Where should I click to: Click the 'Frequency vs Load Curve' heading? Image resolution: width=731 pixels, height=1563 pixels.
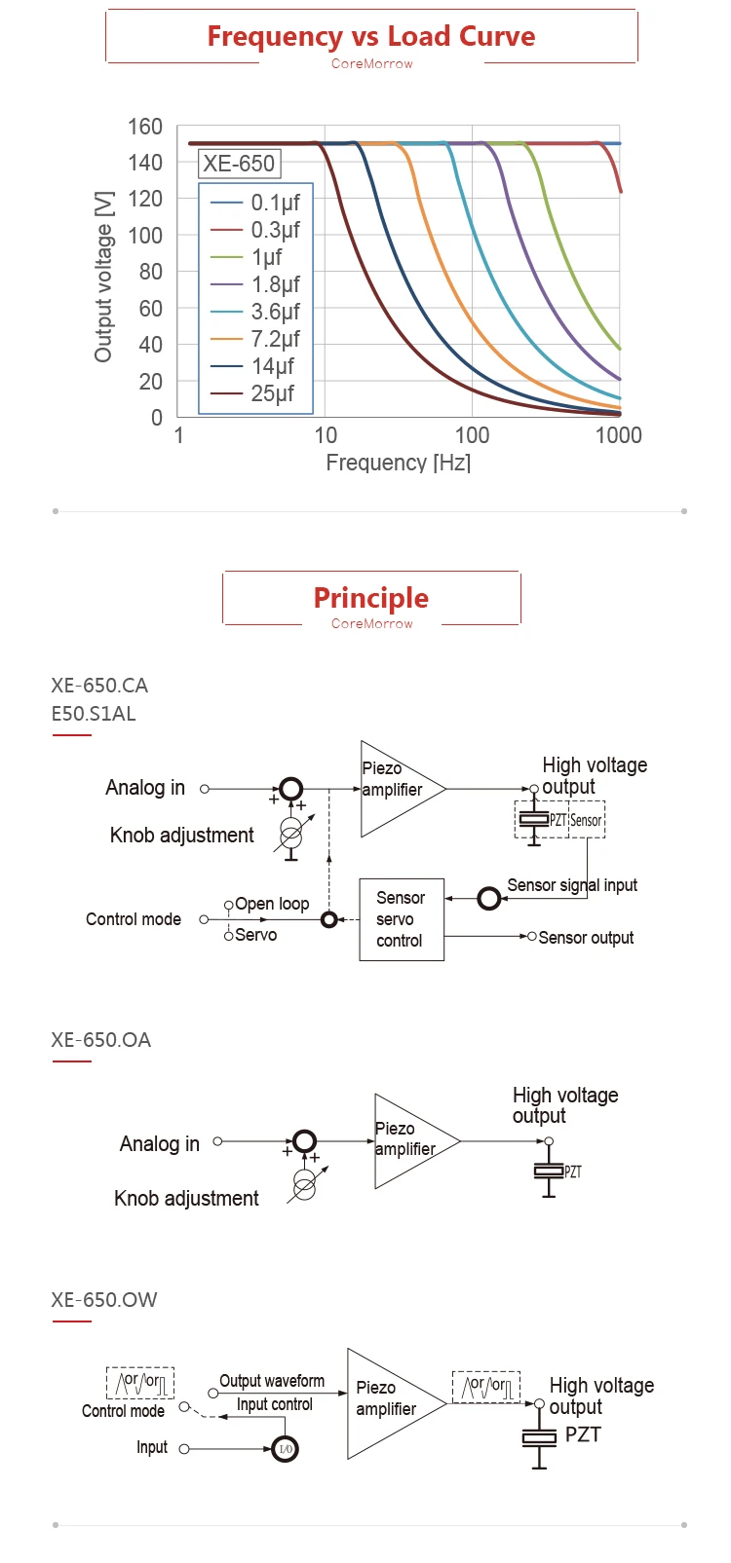coord(370,36)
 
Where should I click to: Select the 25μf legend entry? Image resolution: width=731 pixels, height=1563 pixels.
coord(255,393)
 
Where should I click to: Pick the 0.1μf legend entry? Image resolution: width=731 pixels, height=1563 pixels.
coord(255,203)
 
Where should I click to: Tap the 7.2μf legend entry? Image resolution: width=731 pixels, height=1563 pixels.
coord(255,339)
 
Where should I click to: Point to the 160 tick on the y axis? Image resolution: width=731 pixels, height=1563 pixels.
coord(145,127)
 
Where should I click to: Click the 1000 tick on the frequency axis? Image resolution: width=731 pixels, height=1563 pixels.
coord(618,435)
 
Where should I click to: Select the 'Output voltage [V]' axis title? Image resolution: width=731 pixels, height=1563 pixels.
coord(103,277)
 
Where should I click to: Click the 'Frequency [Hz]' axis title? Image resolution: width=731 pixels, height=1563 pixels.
coord(399,463)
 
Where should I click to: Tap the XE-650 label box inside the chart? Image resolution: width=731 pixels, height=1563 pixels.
coord(239,164)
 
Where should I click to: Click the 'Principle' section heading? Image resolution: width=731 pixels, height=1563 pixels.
coord(370,598)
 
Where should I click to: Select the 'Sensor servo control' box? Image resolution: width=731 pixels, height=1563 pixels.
coord(402,919)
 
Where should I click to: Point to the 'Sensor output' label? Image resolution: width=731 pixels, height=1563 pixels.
coord(586,938)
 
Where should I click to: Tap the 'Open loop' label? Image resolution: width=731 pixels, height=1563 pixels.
coord(272,904)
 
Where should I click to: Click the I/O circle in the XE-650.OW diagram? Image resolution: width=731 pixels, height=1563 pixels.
coord(286,1449)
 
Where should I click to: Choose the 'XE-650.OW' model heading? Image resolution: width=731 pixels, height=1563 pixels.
coord(104,1300)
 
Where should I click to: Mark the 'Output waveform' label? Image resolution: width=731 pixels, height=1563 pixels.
coord(272,1381)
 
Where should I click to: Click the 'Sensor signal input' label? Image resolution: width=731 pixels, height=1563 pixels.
coord(572,885)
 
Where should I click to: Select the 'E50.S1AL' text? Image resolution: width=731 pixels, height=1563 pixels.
coord(94,714)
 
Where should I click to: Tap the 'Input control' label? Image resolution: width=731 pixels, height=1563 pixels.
coord(275,1404)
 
